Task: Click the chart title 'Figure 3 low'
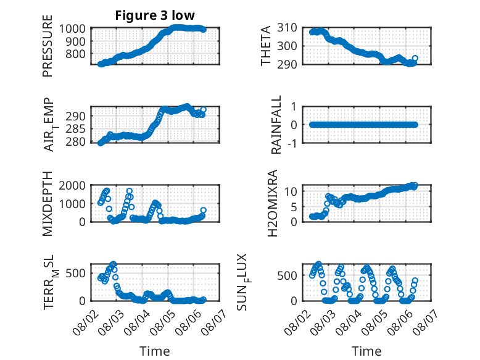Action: coord(155,15)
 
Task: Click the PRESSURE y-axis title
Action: coord(48,46)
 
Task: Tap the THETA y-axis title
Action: coord(266,46)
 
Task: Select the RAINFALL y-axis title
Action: coord(276,125)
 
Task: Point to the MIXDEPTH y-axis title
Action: coord(48,204)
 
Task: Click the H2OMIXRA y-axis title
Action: coord(273,203)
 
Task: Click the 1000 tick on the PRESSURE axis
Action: coord(72,28)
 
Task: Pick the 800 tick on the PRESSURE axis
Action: coord(76,54)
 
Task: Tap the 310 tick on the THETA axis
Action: coord(287,28)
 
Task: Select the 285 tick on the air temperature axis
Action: coord(76,128)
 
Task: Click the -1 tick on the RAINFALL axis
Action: coord(291,143)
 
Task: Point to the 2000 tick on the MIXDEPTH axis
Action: coord(72,185)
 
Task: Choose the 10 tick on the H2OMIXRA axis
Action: coord(291,192)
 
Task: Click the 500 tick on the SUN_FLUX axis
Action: coord(287,275)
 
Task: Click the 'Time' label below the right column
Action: coord(366,351)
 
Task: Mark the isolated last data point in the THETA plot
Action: coord(415,58)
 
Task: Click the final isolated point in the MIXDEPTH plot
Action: coord(204,210)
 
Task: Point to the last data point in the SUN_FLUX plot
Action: coord(415,280)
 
